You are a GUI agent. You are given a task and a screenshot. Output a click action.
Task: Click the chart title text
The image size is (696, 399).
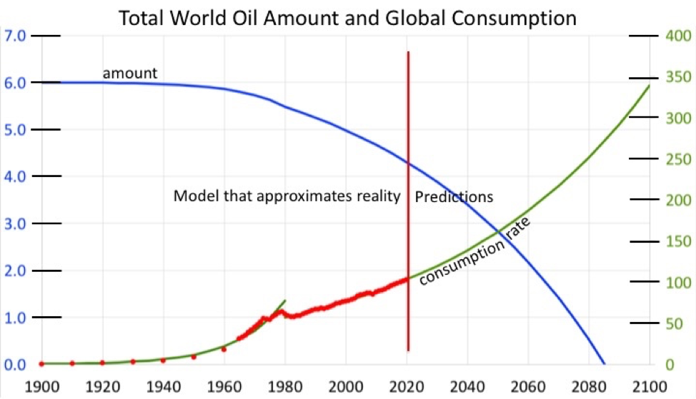pyautogui.click(x=347, y=18)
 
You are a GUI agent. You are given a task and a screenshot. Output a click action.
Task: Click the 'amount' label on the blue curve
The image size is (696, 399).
pyautogui.click(x=129, y=73)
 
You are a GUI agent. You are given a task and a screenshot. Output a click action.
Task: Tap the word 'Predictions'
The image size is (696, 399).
pyautogui.click(x=454, y=197)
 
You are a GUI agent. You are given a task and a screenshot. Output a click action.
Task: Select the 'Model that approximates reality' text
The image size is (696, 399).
pyautogui.click(x=287, y=196)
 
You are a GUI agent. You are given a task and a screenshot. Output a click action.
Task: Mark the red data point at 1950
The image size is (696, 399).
pyautogui.click(x=194, y=356)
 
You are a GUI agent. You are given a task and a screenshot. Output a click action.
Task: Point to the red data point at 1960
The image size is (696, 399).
pyautogui.click(x=224, y=349)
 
